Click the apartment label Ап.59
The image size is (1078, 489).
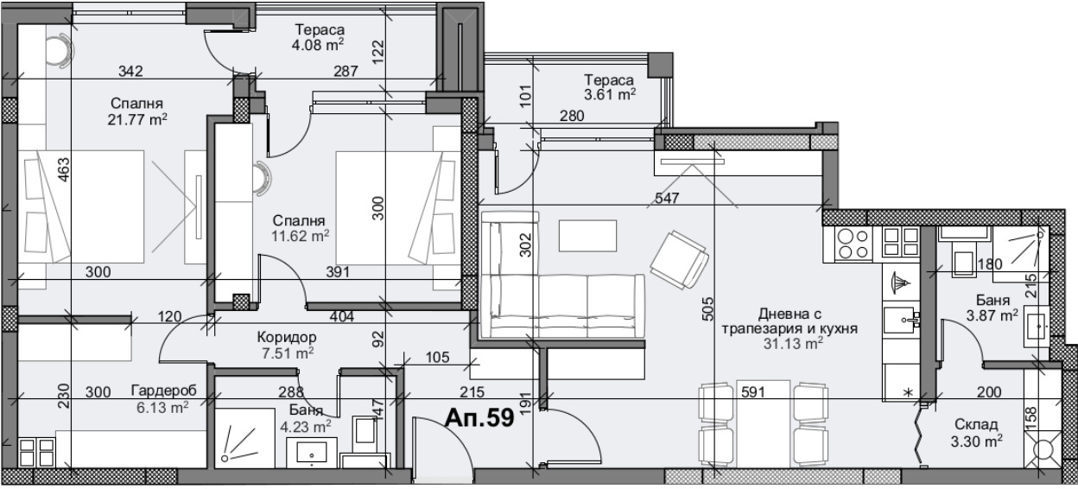point(479,418)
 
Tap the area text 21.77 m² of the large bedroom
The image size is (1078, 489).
point(137,119)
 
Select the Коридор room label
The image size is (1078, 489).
point(287,338)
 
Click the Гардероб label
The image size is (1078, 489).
point(163,391)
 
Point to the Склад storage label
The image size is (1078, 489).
point(976,424)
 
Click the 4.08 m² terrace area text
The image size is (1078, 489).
point(318,45)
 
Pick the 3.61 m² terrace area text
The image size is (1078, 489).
point(610,94)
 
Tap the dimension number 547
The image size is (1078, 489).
point(667,198)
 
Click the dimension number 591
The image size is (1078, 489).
point(753,392)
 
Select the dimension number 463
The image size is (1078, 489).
point(64,170)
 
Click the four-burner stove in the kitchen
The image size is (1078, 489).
point(853,244)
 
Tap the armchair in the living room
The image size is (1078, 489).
point(679,260)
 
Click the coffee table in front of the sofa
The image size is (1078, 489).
point(587,235)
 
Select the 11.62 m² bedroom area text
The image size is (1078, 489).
point(301,237)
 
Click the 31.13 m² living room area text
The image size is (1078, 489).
point(793,344)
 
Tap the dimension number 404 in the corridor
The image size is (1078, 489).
point(342,317)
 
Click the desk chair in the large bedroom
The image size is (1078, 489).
point(60,48)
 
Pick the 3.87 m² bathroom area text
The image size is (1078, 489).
point(992,315)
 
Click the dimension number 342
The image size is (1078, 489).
point(130,71)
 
